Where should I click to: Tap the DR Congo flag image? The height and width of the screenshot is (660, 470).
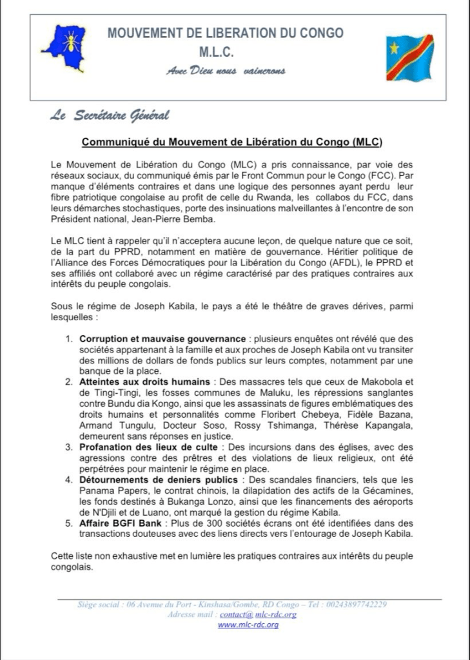tap(409, 57)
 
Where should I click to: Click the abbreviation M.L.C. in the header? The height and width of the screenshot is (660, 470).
tap(225, 52)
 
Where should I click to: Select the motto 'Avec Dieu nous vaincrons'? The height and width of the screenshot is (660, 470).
tap(225, 70)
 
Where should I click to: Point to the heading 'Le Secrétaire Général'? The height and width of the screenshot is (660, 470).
tap(110, 116)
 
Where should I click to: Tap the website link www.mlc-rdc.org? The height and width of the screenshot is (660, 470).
tap(248, 625)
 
